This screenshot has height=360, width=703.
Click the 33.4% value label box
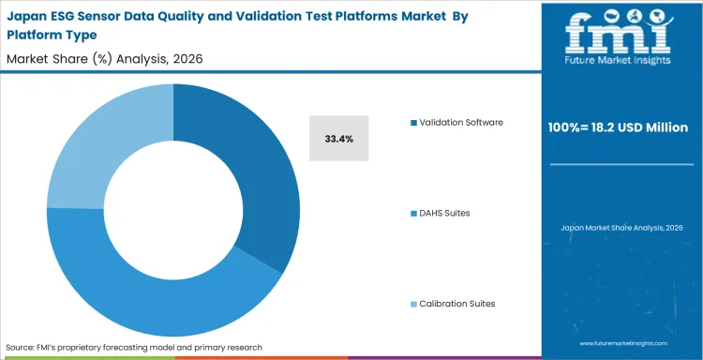tap(338, 139)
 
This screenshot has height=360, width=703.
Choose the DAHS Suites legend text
tap(444, 213)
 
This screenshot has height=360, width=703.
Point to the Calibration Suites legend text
tap(456, 303)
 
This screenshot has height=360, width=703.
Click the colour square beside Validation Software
tap(413, 123)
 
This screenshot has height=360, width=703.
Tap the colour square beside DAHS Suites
tap(413, 213)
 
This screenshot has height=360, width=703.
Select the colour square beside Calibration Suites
tap(413, 303)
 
